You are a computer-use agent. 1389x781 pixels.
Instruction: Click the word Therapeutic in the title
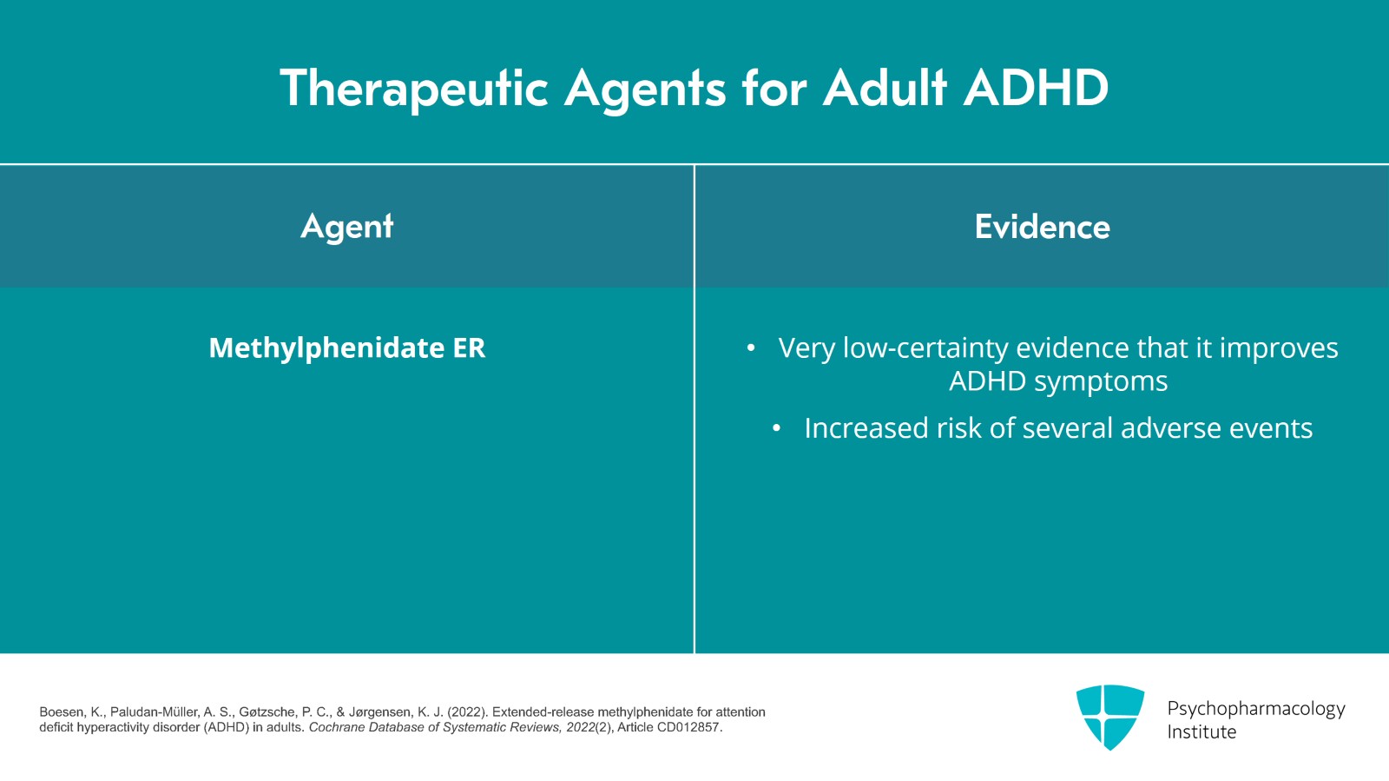pos(414,89)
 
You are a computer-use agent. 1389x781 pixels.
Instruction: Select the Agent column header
pos(347,227)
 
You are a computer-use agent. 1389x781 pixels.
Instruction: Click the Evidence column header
pos(1042,227)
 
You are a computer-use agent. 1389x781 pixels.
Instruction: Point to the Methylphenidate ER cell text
pos(347,347)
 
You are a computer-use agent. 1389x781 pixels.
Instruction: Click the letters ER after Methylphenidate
pos(469,347)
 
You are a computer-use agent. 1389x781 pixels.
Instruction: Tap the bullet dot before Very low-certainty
pos(751,348)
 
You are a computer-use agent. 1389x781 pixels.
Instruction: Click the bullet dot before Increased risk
pos(777,428)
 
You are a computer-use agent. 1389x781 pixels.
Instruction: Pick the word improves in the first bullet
pos(1279,347)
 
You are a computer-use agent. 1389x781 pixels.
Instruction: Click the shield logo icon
pos(1109,717)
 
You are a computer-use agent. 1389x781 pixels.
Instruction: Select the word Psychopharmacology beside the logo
pos(1255,709)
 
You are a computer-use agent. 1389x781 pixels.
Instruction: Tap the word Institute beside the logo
pos(1201,732)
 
